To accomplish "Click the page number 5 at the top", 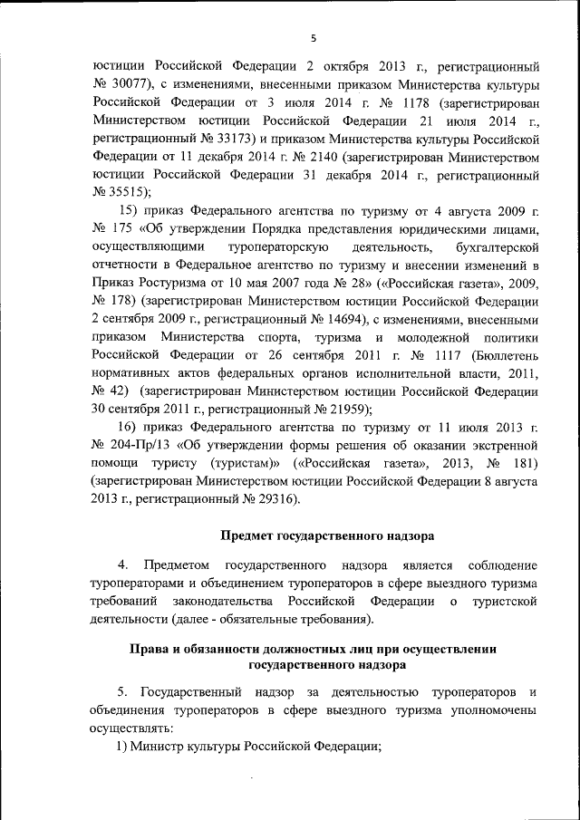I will click(313, 37).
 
